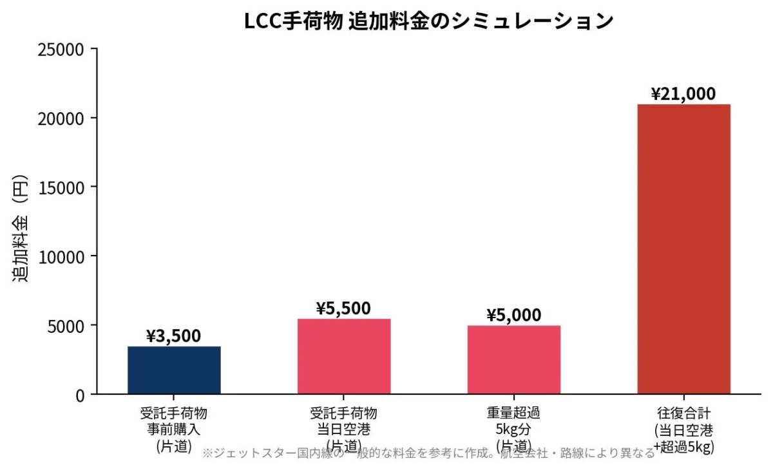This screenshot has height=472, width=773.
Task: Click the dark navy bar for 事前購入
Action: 174,370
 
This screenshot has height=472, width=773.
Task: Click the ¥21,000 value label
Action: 683,94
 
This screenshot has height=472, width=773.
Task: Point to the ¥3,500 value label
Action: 173,336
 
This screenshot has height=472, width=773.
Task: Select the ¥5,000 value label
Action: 513,316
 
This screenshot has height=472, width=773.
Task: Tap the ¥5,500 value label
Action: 343,308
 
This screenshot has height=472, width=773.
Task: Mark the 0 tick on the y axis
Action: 79,395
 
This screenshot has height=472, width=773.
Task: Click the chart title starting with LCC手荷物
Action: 428,21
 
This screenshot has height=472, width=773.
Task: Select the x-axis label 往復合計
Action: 683,413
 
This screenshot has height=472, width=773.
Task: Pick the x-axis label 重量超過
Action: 513,413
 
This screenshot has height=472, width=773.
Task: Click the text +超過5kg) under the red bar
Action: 683,446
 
